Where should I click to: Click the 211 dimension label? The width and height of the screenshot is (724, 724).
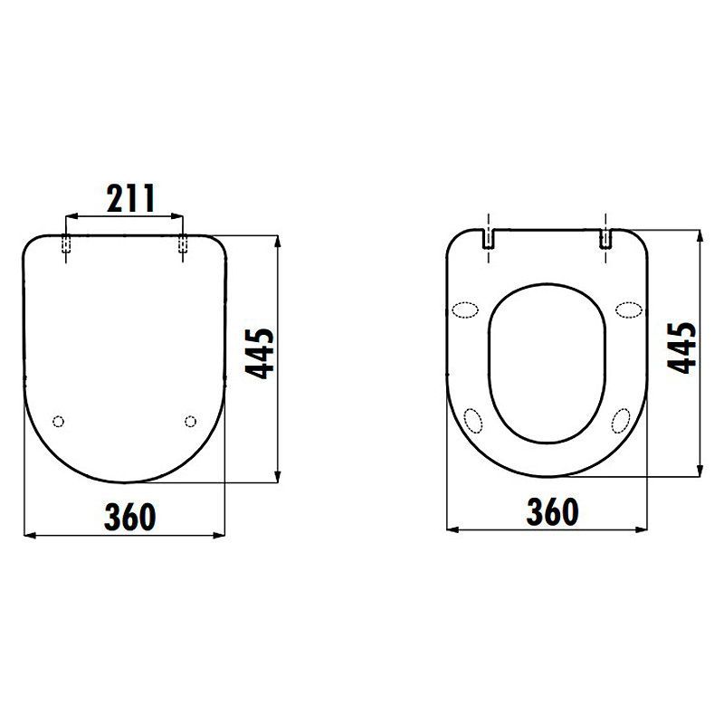click(x=130, y=198)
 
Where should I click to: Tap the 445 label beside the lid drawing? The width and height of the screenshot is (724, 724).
click(x=260, y=354)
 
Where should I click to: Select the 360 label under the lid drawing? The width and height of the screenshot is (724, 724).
click(x=129, y=517)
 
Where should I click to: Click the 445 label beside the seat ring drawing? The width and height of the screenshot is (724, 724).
click(x=682, y=348)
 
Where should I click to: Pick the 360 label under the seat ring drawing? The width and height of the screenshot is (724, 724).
click(x=552, y=511)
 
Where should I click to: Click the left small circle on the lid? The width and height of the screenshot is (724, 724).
click(x=58, y=421)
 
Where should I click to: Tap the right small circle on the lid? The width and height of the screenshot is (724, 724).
click(x=190, y=421)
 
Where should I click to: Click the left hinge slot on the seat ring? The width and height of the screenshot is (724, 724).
click(x=489, y=239)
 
